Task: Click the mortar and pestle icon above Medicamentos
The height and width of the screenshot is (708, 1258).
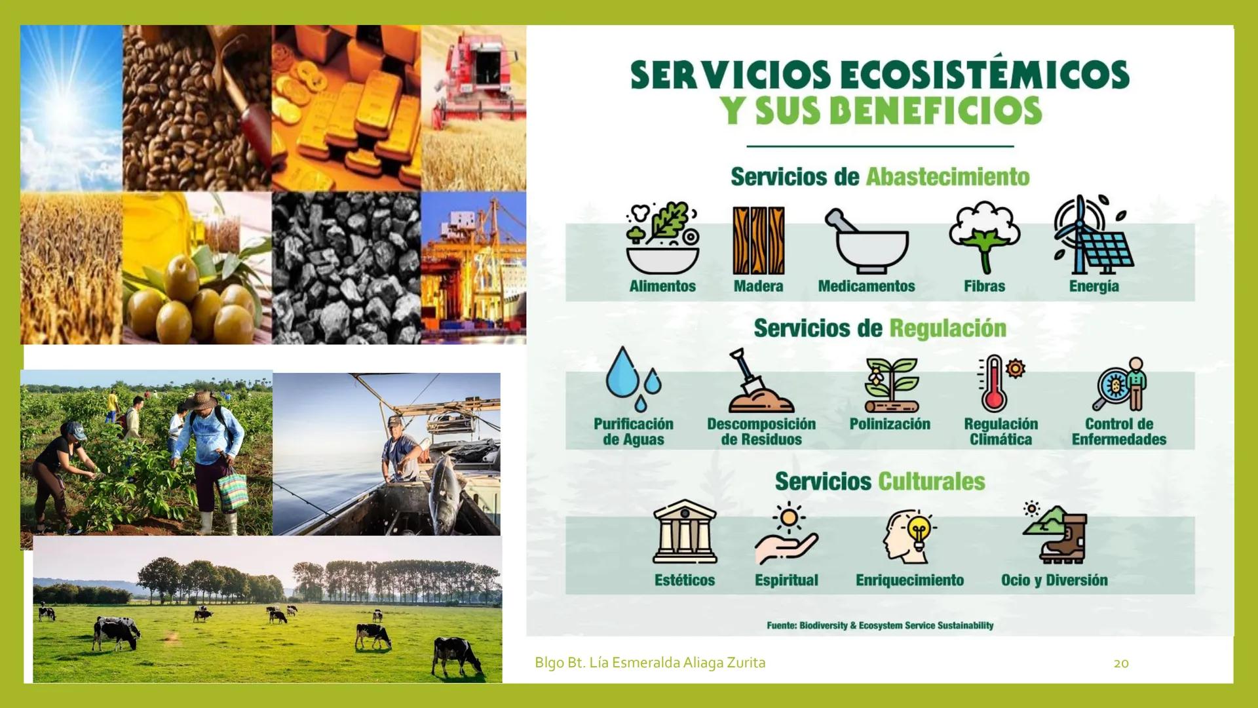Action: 866,241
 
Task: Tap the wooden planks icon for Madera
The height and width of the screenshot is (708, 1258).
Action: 758,240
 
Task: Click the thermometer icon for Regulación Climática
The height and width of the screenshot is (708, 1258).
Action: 995,383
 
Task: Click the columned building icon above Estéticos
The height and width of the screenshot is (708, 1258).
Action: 685,532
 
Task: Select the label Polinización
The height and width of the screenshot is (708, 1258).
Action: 890,424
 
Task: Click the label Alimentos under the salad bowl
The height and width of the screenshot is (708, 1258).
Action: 662,286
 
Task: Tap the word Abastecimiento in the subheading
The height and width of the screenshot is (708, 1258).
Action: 947,177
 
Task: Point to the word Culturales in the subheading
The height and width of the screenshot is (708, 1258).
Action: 931,482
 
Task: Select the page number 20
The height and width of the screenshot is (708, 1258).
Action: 1121,663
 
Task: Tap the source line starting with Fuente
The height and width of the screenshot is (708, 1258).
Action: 880,625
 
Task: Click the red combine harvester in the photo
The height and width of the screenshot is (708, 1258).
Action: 478,72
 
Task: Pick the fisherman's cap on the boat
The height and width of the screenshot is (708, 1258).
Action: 395,422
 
